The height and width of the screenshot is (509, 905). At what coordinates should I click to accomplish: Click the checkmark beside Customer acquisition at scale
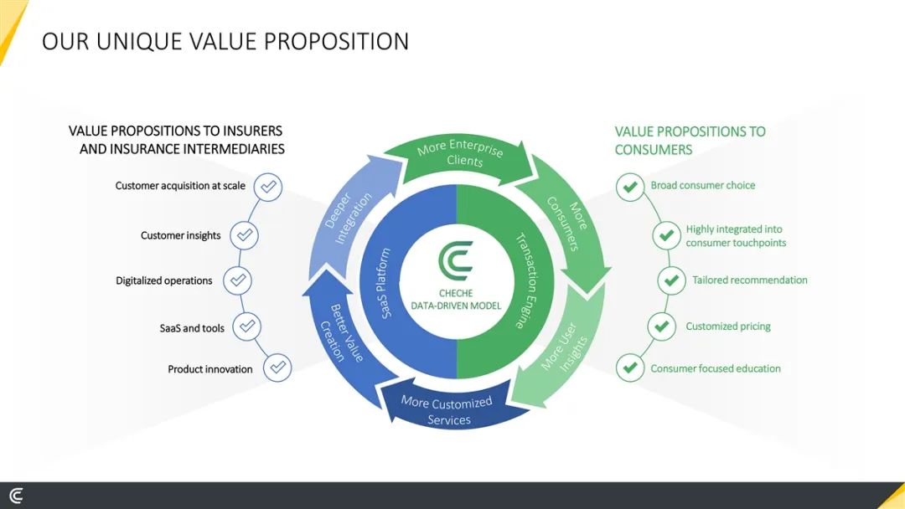[268, 187]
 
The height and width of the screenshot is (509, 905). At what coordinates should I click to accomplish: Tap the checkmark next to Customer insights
[244, 235]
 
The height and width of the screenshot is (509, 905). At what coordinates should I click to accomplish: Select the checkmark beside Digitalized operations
[237, 280]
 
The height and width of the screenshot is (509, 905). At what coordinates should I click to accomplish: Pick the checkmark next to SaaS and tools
[247, 326]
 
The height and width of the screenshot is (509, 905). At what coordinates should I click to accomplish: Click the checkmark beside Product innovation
[277, 368]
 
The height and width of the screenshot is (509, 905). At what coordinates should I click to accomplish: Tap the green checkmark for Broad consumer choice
[630, 187]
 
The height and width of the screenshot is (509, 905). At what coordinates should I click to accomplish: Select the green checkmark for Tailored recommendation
[671, 280]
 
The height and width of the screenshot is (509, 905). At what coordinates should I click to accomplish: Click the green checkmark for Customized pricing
[661, 326]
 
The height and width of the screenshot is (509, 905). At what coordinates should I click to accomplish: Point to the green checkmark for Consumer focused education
[630, 368]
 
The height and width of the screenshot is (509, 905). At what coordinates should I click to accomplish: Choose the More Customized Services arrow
[447, 409]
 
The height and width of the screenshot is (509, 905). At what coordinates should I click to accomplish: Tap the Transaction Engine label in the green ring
[528, 280]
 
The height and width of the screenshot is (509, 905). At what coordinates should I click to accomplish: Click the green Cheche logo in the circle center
[456, 260]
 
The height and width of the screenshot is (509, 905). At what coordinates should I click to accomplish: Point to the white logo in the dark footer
[16, 496]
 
